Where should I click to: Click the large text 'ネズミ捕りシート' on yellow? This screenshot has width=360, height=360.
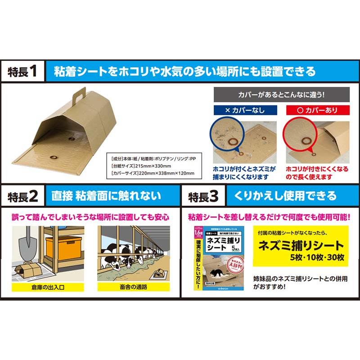[x=300, y=247]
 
